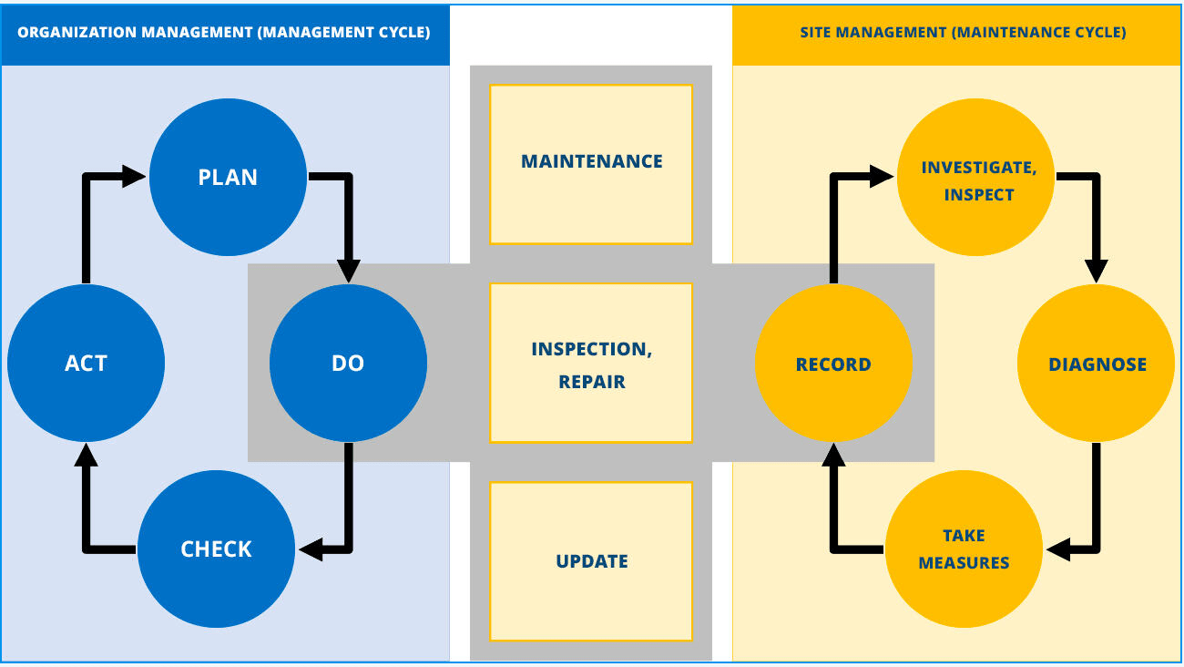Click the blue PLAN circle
pyautogui.click(x=228, y=177)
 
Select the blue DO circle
pyautogui.click(x=348, y=364)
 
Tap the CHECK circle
pyautogui.click(x=216, y=549)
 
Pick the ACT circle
pyautogui.click(x=86, y=364)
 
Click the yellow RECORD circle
pyautogui.click(x=833, y=364)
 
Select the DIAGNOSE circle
pyautogui.click(x=1097, y=364)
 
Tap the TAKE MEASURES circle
pyautogui.click(x=964, y=549)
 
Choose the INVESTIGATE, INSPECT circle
pyautogui.click(x=977, y=180)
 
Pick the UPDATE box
pyautogui.click(x=591, y=560)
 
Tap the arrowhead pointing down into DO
pyautogui.click(x=348, y=270)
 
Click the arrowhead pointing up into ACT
pyautogui.click(x=86, y=454)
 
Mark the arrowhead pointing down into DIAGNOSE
pyautogui.click(x=1097, y=270)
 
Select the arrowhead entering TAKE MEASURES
pyautogui.click(x=1060, y=549)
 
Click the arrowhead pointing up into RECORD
pyautogui.click(x=833, y=454)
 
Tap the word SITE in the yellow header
pyautogui.click(x=816, y=33)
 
